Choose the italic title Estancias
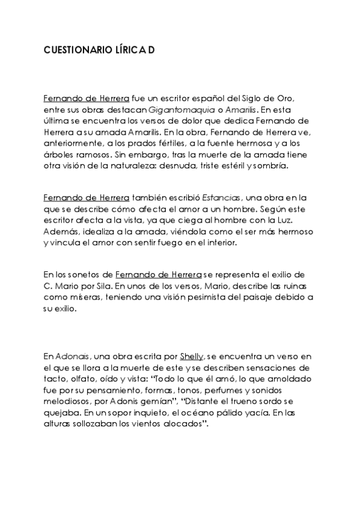221,197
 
